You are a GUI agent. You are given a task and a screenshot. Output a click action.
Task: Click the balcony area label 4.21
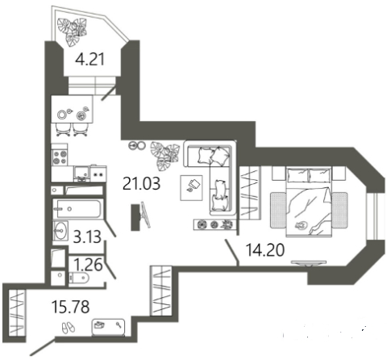coord(89,60)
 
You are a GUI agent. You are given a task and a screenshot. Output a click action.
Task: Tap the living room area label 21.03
coord(141,184)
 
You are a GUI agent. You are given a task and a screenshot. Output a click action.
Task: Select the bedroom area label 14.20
coord(265,250)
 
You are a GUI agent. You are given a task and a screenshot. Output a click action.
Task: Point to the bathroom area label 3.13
coord(87,237)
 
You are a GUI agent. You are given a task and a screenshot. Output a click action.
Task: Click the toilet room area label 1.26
coord(88,265)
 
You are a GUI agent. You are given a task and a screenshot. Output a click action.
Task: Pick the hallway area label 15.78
coord(71,307)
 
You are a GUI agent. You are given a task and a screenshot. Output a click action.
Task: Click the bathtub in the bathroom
coord(77,209)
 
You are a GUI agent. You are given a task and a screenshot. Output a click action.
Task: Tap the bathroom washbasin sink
coord(60,230)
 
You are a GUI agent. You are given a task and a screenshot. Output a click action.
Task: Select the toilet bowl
coord(78,278)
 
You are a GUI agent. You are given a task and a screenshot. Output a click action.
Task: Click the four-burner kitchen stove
coord(60,157)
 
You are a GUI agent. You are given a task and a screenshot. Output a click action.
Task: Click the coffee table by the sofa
coord(191,188)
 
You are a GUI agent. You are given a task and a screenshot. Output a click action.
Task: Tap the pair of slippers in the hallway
coord(69,328)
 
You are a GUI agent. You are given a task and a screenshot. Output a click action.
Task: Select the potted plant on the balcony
coord(73,31)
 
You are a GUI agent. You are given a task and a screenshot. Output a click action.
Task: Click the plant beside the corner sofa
coord(164,156)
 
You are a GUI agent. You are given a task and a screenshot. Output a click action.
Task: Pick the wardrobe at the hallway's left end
coord(17,312)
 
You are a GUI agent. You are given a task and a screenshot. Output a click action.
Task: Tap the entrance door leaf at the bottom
coord(43,345)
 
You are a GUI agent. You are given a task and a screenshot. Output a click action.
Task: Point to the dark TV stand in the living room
coord(135,217)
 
